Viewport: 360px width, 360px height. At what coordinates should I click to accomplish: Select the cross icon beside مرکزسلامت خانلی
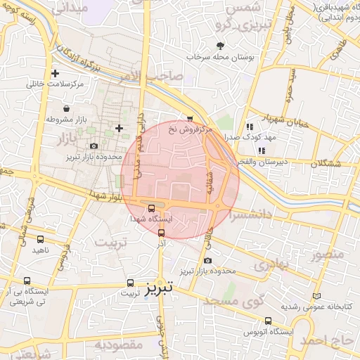click(55, 73)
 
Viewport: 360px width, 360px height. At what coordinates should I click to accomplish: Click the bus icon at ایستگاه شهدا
click(152, 207)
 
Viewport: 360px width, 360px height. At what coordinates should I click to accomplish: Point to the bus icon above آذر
click(162, 232)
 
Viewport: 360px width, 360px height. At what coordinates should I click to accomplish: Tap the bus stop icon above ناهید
click(40, 239)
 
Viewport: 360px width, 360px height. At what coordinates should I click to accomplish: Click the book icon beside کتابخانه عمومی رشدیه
click(316, 296)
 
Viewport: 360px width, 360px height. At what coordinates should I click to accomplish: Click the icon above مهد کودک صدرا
click(249, 127)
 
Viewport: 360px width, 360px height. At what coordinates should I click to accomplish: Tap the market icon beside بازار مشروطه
click(66, 108)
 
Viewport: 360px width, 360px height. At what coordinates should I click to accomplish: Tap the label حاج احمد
click(328, 340)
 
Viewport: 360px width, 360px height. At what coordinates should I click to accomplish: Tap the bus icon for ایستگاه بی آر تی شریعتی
click(27, 281)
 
